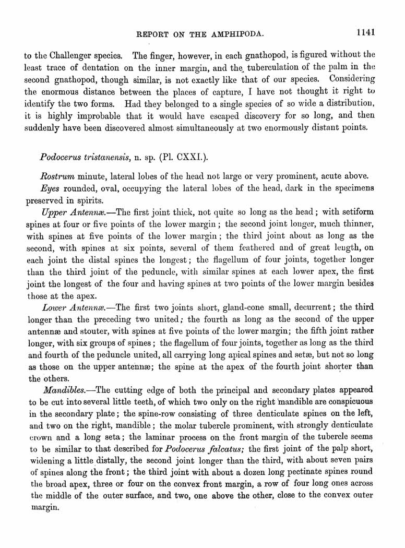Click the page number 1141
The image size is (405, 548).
click(x=366, y=32)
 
